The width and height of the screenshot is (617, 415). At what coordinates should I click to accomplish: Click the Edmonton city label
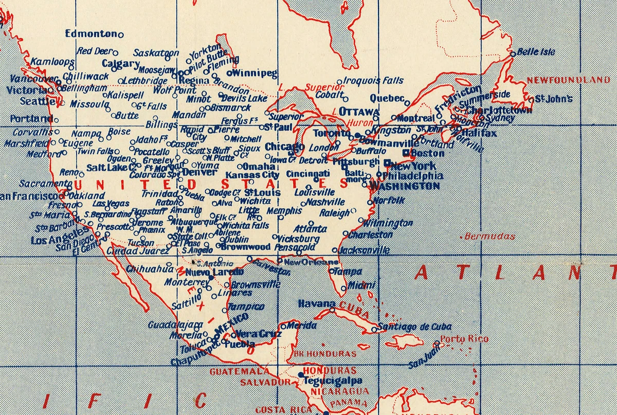click(x=92, y=33)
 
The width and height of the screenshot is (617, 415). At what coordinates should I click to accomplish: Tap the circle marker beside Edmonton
click(x=121, y=35)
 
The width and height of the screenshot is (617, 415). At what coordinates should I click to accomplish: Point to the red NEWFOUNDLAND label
click(x=568, y=80)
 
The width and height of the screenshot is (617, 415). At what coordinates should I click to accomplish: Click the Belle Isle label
click(x=536, y=52)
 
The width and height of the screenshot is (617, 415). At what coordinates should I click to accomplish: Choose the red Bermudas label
click(x=489, y=237)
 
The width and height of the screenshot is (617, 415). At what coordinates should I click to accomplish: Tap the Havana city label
click(x=317, y=303)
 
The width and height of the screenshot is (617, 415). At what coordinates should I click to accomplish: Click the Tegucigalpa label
click(x=333, y=381)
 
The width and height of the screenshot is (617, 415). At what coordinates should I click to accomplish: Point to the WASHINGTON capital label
click(x=405, y=186)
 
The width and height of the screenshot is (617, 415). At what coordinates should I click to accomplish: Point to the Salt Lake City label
click(x=111, y=168)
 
